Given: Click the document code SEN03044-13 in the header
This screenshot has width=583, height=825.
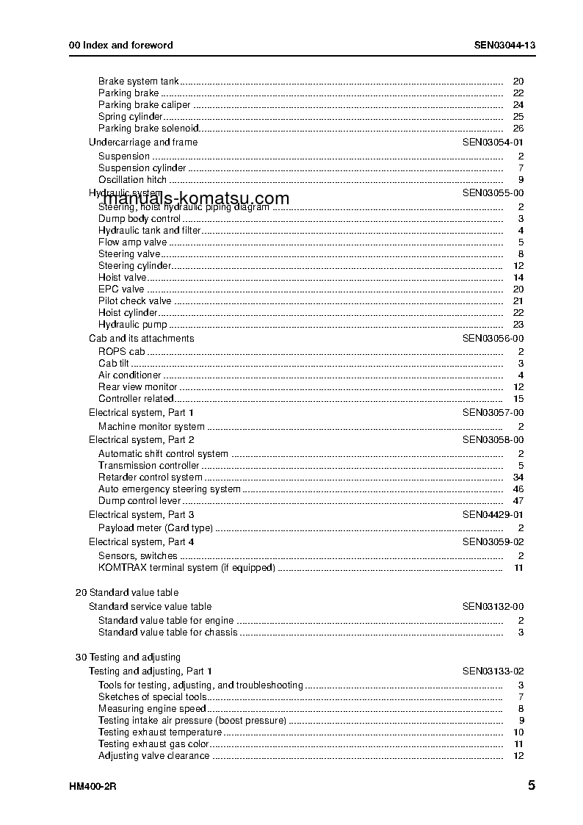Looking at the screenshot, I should pyautogui.click(x=504, y=45).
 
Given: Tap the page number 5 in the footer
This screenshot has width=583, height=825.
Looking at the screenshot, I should pyautogui.click(x=531, y=785).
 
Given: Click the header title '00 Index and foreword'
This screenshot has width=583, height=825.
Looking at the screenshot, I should pyautogui.click(x=121, y=45).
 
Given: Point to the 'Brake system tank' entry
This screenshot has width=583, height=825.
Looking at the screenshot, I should pyautogui.click(x=138, y=82).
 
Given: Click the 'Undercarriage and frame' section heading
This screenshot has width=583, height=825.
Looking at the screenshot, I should pyautogui.click(x=143, y=143).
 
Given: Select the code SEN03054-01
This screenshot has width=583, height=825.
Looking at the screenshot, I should pyautogui.click(x=493, y=143).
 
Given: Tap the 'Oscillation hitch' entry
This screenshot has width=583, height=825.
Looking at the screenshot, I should pyautogui.click(x=132, y=180).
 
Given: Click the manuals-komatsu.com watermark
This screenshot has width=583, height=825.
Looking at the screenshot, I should pyautogui.click(x=196, y=199).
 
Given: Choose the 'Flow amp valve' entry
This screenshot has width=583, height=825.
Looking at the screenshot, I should pyautogui.click(x=132, y=242).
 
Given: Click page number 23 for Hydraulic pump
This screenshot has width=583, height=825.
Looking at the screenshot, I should pyautogui.click(x=518, y=325).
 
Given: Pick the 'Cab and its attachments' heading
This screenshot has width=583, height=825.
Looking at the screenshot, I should pyautogui.click(x=142, y=339).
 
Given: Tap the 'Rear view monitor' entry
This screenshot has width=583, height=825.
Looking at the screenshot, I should pyautogui.click(x=137, y=387).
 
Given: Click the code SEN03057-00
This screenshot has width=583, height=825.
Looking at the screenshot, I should pyautogui.click(x=493, y=413).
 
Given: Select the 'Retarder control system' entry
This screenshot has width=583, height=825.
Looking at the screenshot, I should pyautogui.click(x=150, y=478).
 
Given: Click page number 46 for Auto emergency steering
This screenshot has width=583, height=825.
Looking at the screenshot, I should pyautogui.click(x=518, y=489).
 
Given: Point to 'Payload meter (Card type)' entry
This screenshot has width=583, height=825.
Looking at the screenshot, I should pyautogui.click(x=156, y=528).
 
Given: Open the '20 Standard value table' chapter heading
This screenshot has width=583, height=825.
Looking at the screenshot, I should pyautogui.click(x=127, y=593).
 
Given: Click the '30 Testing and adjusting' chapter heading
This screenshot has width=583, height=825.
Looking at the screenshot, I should pyautogui.click(x=128, y=658).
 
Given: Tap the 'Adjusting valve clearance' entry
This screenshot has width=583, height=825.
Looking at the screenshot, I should pyautogui.click(x=153, y=756).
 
